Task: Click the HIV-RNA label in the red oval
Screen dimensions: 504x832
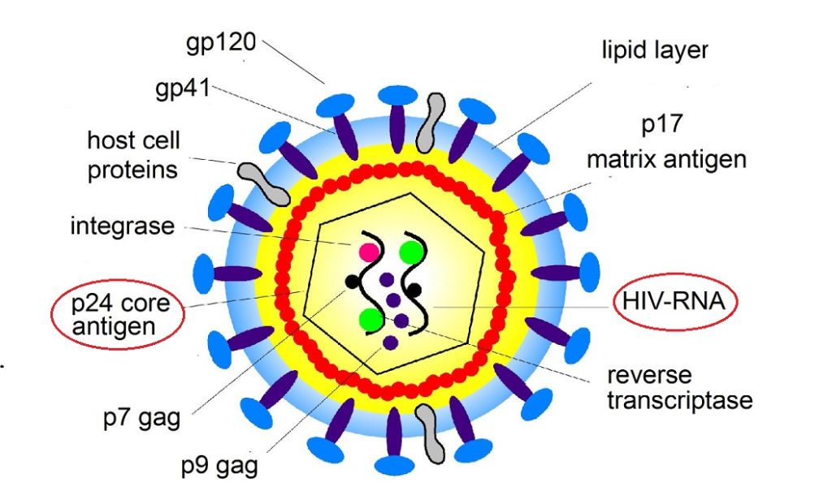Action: point(676,302)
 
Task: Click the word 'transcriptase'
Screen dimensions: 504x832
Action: point(680,400)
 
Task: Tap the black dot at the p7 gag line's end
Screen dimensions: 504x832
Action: point(352,282)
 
